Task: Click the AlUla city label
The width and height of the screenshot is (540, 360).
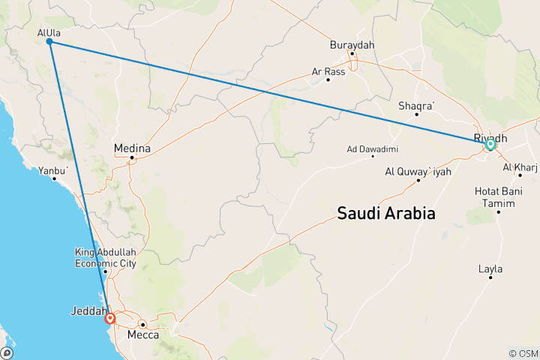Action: pos(49,32)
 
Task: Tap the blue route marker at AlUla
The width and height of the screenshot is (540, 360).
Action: pos(49,42)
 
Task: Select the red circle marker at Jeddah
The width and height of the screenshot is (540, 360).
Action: pos(111,318)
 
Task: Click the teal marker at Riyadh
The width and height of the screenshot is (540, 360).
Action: pos(490,144)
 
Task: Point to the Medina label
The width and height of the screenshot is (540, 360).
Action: pos(132,148)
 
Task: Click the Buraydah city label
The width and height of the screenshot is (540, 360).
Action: pos(352,45)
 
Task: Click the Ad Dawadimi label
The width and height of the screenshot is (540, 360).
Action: pos(372,148)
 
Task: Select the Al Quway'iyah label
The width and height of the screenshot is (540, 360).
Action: pos(418,171)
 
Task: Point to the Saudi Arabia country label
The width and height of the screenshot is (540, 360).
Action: pos(386,213)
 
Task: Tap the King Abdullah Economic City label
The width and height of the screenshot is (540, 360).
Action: pos(105,257)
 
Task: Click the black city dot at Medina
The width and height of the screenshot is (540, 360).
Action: pos(131,157)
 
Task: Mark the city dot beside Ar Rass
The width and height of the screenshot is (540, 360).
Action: pos(328,79)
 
